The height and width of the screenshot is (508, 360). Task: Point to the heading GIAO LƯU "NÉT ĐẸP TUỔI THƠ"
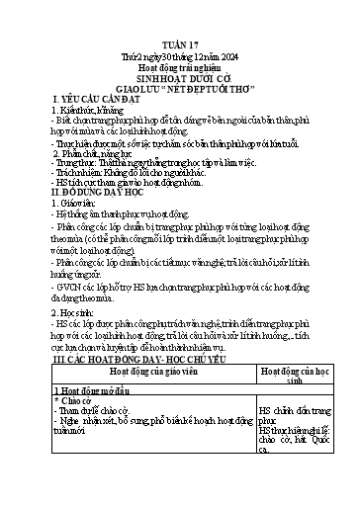pos(179,108)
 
